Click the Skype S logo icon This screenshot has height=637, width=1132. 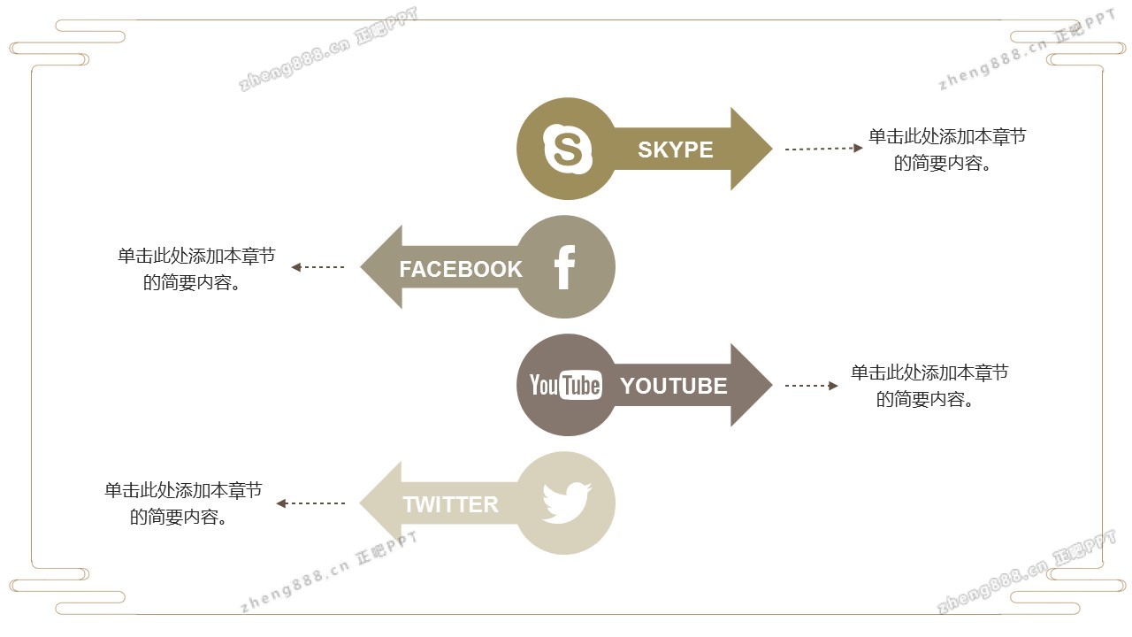click(x=567, y=149)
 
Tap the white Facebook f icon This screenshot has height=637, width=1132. click(x=565, y=267)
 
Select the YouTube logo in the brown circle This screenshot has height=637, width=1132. click(x=565, y=386)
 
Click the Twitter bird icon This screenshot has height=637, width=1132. click(x=567, y=503)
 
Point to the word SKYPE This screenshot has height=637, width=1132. click(x=675, y=150)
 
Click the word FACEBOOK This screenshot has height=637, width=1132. click(x=461, y=269)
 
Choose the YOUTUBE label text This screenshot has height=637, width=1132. click(x=674, y=386)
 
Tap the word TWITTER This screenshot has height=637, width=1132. click(x=450, y=504)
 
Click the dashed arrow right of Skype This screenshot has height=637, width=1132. click(x=823, y=149)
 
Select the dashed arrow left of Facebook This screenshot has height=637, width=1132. click(x=317, y=267)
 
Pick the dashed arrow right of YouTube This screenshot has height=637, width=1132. click(x=812, y=386)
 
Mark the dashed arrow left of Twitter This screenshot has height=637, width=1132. click(x=310, y=503)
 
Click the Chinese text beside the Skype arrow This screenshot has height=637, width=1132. click(x=947, y=150)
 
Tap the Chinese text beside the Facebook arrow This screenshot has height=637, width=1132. click(x=196, y=269)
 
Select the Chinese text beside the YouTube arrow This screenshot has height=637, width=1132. click(x=929, y=386)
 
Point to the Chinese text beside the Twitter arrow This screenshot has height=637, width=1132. click(x=183, y=503)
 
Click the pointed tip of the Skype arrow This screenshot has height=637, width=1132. click(x=772, y=149)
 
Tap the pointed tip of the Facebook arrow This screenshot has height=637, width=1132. click(x=360, y=267)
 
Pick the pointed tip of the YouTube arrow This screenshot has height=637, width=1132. click(x=772, y=385)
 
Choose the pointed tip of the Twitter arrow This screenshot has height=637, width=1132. click(x=360, y=503)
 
